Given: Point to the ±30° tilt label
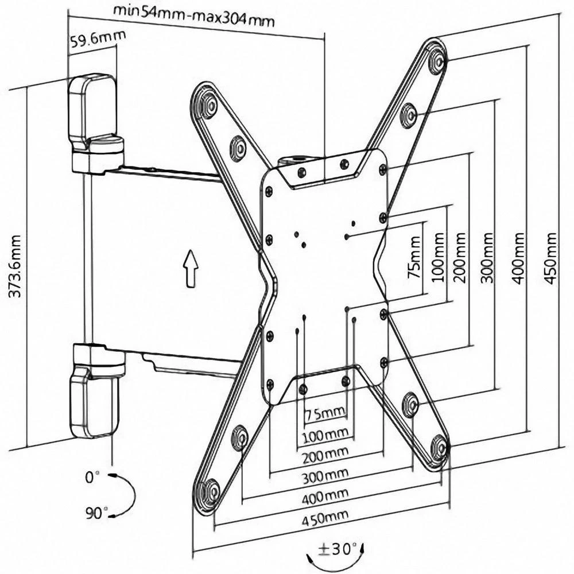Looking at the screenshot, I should tap(337, 549).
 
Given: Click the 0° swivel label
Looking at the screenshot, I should tap(92, 476).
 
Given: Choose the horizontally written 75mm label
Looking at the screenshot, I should tap(325, 413).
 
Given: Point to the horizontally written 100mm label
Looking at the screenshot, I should tap(325, 435).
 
